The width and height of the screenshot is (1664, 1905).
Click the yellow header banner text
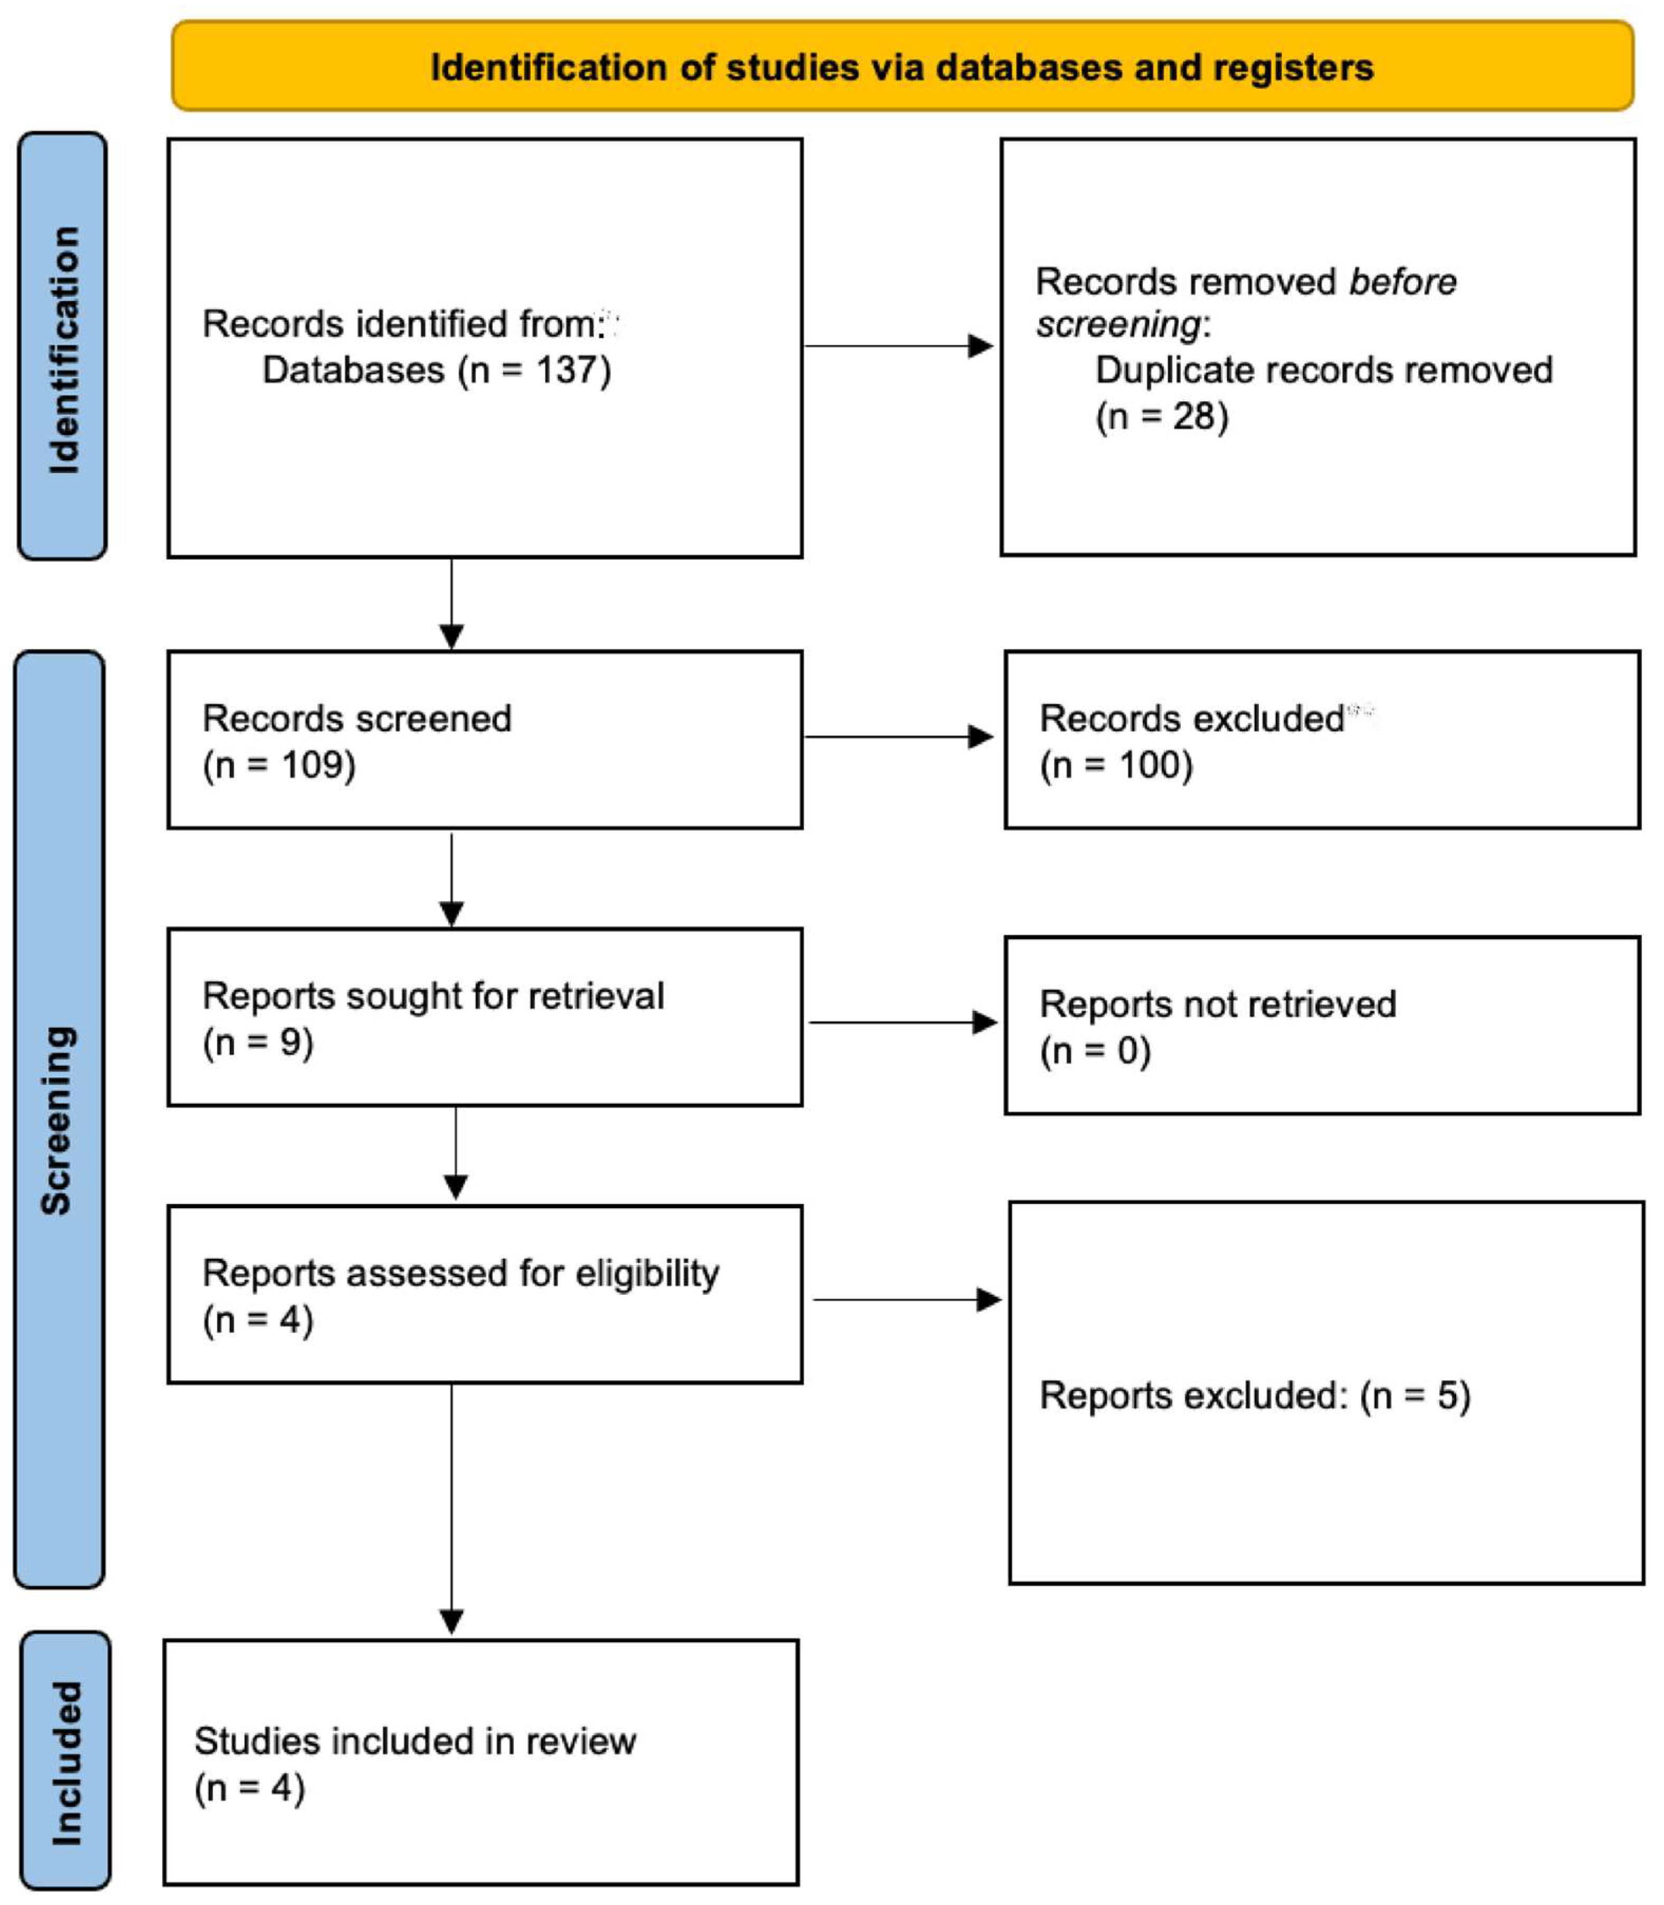click(902, 68)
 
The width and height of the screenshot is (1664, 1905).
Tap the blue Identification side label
click(63, 350)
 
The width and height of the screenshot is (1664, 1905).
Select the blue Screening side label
click(58, 1120)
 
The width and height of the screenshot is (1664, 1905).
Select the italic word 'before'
click(1402, 281)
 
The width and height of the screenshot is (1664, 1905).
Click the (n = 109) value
click(279, 765)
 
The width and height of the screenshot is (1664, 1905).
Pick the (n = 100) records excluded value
click(1116, 765)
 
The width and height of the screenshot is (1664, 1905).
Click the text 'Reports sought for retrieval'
click(433, 996)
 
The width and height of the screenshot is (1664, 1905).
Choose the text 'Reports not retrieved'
click(1217, 1004)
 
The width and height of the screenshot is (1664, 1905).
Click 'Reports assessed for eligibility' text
click(461, 1273)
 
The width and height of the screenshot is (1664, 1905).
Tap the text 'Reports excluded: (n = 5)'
click(1255, 1396)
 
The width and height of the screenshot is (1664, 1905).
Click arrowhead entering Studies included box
click(451, 1623)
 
